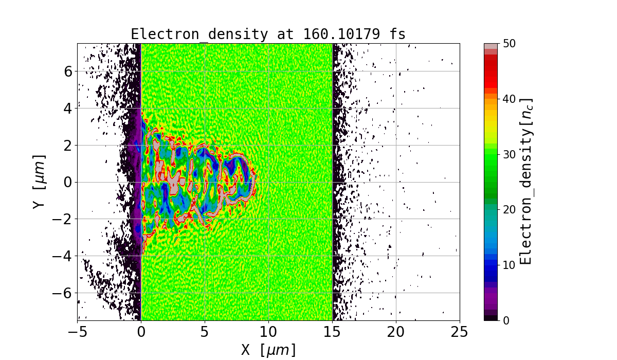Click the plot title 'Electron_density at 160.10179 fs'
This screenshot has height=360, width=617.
(268, 34)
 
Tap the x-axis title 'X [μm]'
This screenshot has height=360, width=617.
(268, 350)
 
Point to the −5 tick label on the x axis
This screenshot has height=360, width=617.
(77, 332)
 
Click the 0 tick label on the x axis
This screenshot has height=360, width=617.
(141, 332)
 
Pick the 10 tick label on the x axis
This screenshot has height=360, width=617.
(268, 332)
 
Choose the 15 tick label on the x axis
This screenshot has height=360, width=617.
(332, 332)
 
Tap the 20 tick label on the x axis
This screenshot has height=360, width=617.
(396, 332)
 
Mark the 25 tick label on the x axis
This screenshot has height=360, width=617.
(460, 332)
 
